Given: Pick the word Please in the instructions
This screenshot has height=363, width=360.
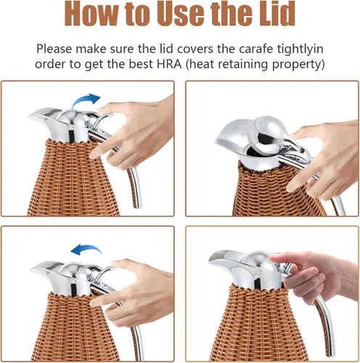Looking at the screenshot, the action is [54, 49].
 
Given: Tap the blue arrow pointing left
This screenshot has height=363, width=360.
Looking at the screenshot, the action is [86, 249].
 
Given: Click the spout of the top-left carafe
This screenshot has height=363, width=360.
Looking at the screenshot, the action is [40, 115].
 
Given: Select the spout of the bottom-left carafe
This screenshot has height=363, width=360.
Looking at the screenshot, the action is [42, 269].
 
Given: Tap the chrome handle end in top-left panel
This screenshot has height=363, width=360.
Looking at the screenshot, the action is [137, 205].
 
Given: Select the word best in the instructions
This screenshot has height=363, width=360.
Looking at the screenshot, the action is [141, 64].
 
